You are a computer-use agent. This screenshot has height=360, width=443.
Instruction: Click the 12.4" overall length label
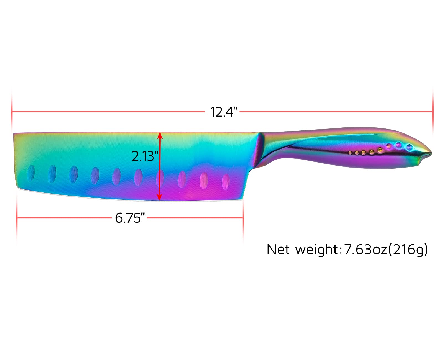click(224, 112)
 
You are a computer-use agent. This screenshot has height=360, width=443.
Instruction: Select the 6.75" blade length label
click(130, 218)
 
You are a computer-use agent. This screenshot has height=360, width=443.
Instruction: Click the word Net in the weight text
click(278, 249)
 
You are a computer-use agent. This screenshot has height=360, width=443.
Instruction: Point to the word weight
click(316, 250)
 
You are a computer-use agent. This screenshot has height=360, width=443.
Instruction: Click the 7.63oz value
click(365, 249)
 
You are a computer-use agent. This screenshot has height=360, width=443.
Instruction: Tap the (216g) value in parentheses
click(408, 250)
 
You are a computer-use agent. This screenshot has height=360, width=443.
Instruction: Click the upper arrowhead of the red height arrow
click(160, 136)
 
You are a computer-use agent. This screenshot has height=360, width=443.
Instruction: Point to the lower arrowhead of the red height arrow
click(159, 197)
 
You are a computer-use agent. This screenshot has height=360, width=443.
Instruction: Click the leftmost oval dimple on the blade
click(31, 173)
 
